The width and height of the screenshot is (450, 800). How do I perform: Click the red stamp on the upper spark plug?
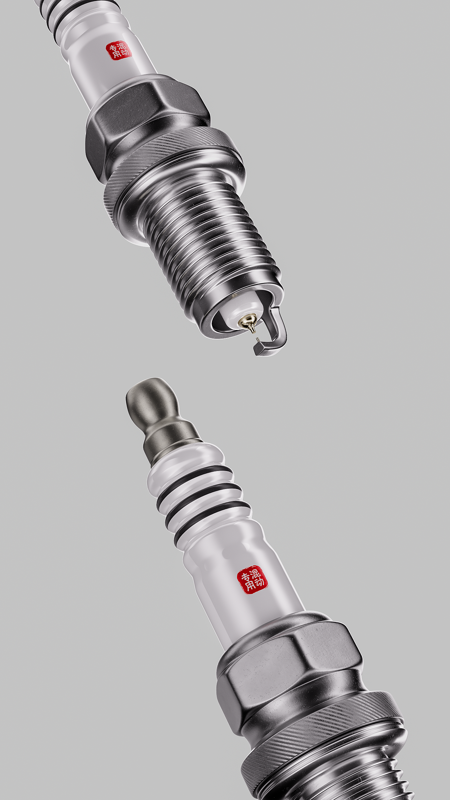[119, 51]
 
